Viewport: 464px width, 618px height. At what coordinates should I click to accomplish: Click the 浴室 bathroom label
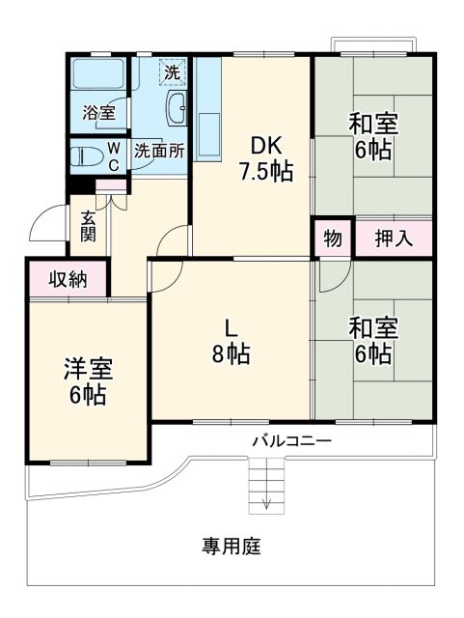(98, 113)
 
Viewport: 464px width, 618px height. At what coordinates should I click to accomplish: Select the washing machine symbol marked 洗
(172, 71)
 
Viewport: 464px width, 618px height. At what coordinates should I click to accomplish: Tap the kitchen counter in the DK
(208, 135)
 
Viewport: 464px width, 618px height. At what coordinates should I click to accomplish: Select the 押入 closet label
(394, 239)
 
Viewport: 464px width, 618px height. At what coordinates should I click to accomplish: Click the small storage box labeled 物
(332, 239)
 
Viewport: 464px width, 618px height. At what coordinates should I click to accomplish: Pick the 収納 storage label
(68, 280)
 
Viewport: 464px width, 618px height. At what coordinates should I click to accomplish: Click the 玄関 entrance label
(88, 226)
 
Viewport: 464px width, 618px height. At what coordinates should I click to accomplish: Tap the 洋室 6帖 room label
(87, 381)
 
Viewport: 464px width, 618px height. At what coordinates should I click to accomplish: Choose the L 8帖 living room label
(232, 341)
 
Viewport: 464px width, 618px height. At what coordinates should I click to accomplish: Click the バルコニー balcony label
(291, 441)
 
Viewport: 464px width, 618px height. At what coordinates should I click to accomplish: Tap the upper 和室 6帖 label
(372, 137)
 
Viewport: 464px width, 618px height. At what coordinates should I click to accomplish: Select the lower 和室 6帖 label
(372, 341)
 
